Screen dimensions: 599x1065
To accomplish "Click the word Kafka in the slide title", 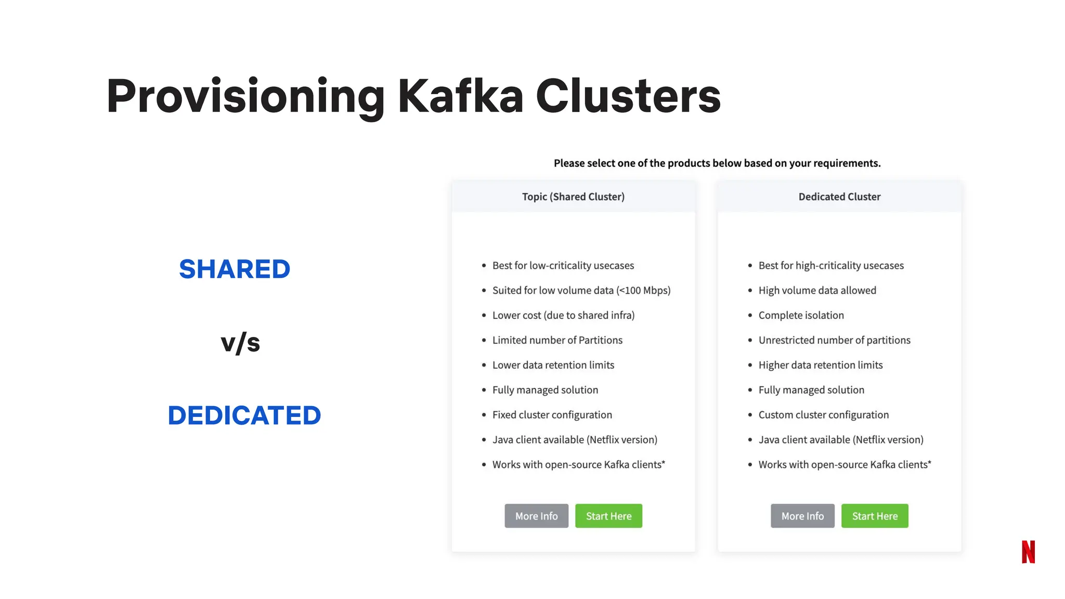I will pyautogui.click(x=460, y=96).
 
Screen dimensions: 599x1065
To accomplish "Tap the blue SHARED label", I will pyautogui.click(x=235, y=269).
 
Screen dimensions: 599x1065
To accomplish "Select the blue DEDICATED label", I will pyautogui.click(x=244, y=415).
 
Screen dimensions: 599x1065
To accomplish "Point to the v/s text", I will pyautogui.click(x=240, y=343).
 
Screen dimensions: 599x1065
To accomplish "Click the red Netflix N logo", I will pyautogui.click(x=1028, y=552).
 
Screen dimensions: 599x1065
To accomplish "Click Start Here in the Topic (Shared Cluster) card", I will pyautogui.click(x=608, y=516).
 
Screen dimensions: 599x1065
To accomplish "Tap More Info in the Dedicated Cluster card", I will pyautogui.click(x=802, y=516).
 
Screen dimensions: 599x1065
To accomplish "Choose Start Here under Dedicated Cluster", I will pyautogui.click(x=875, y=516).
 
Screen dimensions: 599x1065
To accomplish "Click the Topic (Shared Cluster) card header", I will pyautogui.click(x=573, y=197).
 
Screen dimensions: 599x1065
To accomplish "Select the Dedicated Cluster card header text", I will pyautogui.click(x=839, y=197).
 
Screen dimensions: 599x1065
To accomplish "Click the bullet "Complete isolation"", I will pyautogui.click(x=801, y=315).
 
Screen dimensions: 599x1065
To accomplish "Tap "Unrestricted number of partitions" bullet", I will pyautogui.click(x=834, y=340).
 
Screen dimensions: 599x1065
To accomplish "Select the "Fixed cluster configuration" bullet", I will pyautogui.click(x=552, y=415).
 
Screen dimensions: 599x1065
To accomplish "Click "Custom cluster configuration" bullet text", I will pyautogui.click(x=823, y=415).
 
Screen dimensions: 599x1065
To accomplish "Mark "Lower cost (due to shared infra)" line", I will pyautogui.click(x=563, y=315).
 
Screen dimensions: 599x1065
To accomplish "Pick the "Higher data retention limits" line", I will pyautogui.click(x=820, y=365).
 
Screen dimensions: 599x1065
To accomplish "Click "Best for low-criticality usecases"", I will pyautogui.click(x=563, y=265).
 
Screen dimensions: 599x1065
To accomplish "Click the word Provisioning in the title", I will pyautogui.click(x=245, y=96).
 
